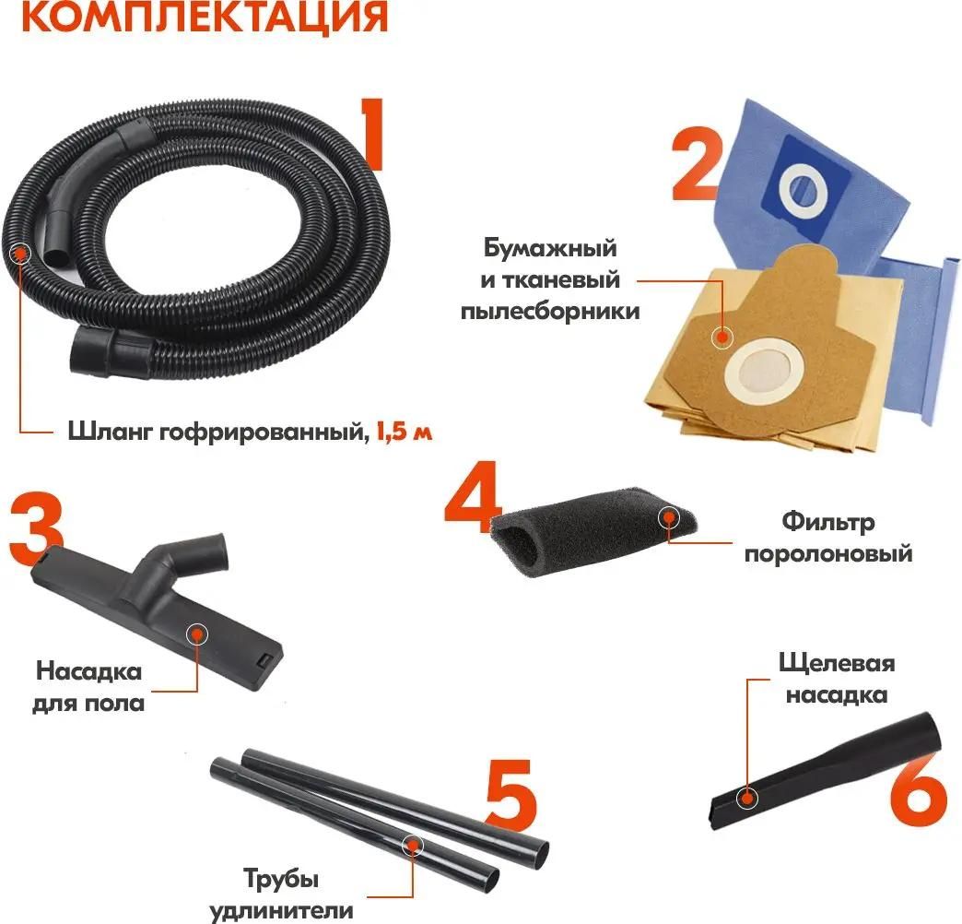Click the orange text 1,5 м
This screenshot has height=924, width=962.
point(404,431)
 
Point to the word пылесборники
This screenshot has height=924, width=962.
point(550,311)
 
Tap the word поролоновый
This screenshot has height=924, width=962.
point(827,554)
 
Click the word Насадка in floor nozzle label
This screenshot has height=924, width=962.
point(88,671)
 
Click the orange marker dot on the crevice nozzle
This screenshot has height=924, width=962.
point(745,796)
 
